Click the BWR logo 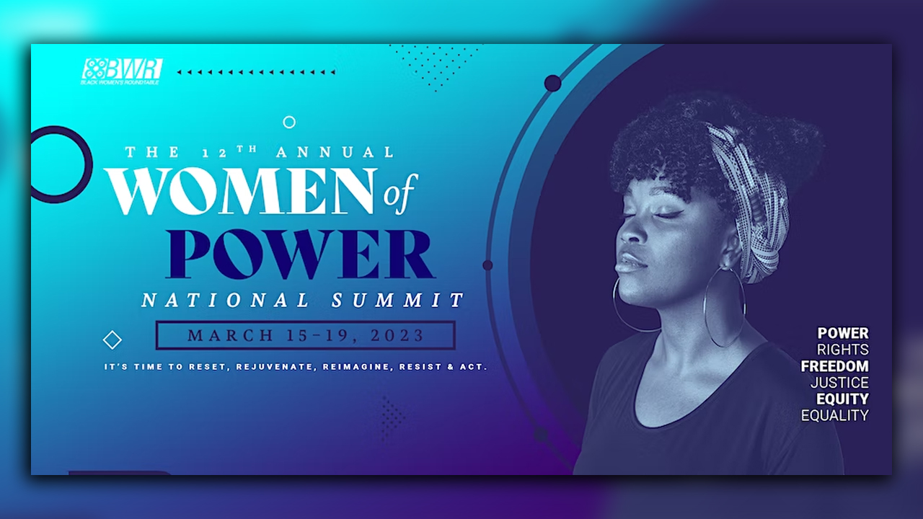tap(121, 71)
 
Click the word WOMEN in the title tap(242, 192)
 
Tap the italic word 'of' tap(399, 194)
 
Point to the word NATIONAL tap(226, 300)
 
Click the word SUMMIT tap(397, 300)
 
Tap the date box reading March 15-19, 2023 tap(306, 335)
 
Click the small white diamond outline tap(112, 340)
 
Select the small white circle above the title tap(289, 123)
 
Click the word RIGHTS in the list tap(842, 350)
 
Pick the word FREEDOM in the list tap(834, 366)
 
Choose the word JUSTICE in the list tap(839, 383)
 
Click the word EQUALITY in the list tap(834, 415)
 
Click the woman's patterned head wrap tap(750, 195)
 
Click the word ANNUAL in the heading tap(335, 153)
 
